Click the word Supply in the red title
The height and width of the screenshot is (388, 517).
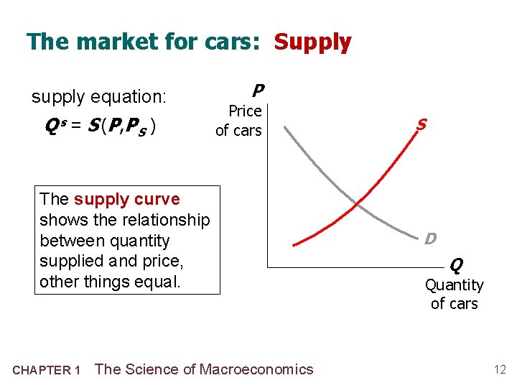click(x=312, y=42)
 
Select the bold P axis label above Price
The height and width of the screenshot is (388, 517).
click(x=257, y=91)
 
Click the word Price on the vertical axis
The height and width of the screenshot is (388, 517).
click(x=245, y=111)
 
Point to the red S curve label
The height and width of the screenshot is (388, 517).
click(x=421, y=124)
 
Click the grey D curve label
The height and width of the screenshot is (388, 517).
click(x=430, y=238)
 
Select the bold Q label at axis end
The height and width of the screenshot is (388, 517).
click(x=456, y=266)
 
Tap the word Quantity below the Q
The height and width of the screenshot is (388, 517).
click(x=454, y=285)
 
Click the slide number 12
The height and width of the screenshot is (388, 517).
click(x=500, y=369)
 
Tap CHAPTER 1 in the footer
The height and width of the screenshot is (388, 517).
click(x=47, y=370)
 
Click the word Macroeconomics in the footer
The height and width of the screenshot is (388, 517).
click(x=256, y=369)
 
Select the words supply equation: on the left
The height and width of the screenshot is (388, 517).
click(x=99, y=96)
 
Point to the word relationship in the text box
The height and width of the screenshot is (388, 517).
click(x=164, y=220)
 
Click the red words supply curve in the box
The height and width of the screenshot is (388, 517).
click(x=126, y=199)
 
